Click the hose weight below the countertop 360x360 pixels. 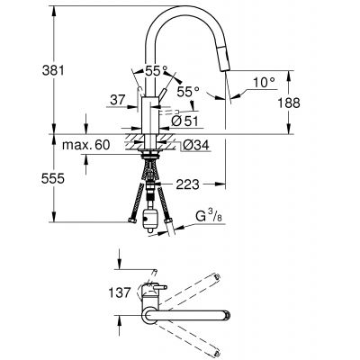(x=148, y=216)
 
